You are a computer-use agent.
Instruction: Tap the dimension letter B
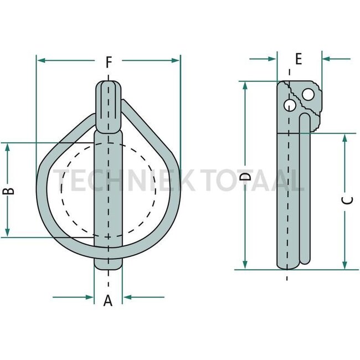pos(9,191)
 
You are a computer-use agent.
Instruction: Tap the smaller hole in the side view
pos(288,105)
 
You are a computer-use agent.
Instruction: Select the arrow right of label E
pos(326,58)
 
